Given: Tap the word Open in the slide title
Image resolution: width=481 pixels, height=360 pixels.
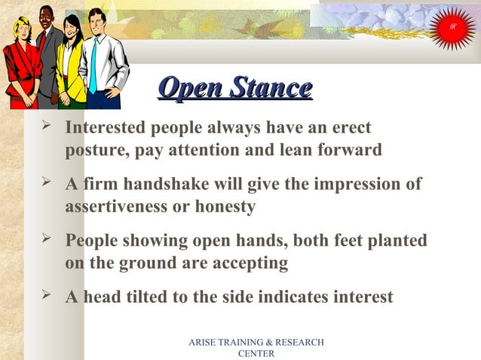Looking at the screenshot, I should (x=190, y=89).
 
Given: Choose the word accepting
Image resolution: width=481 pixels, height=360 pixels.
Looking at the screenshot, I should (x=248, y=263).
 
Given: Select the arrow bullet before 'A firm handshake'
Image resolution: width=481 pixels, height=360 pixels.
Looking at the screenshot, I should (x=47, y=183).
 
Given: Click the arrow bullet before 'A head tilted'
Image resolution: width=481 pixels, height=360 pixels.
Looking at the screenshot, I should (x=47, y=295).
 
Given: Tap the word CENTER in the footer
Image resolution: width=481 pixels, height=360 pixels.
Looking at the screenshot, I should (x=256, y=353).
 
